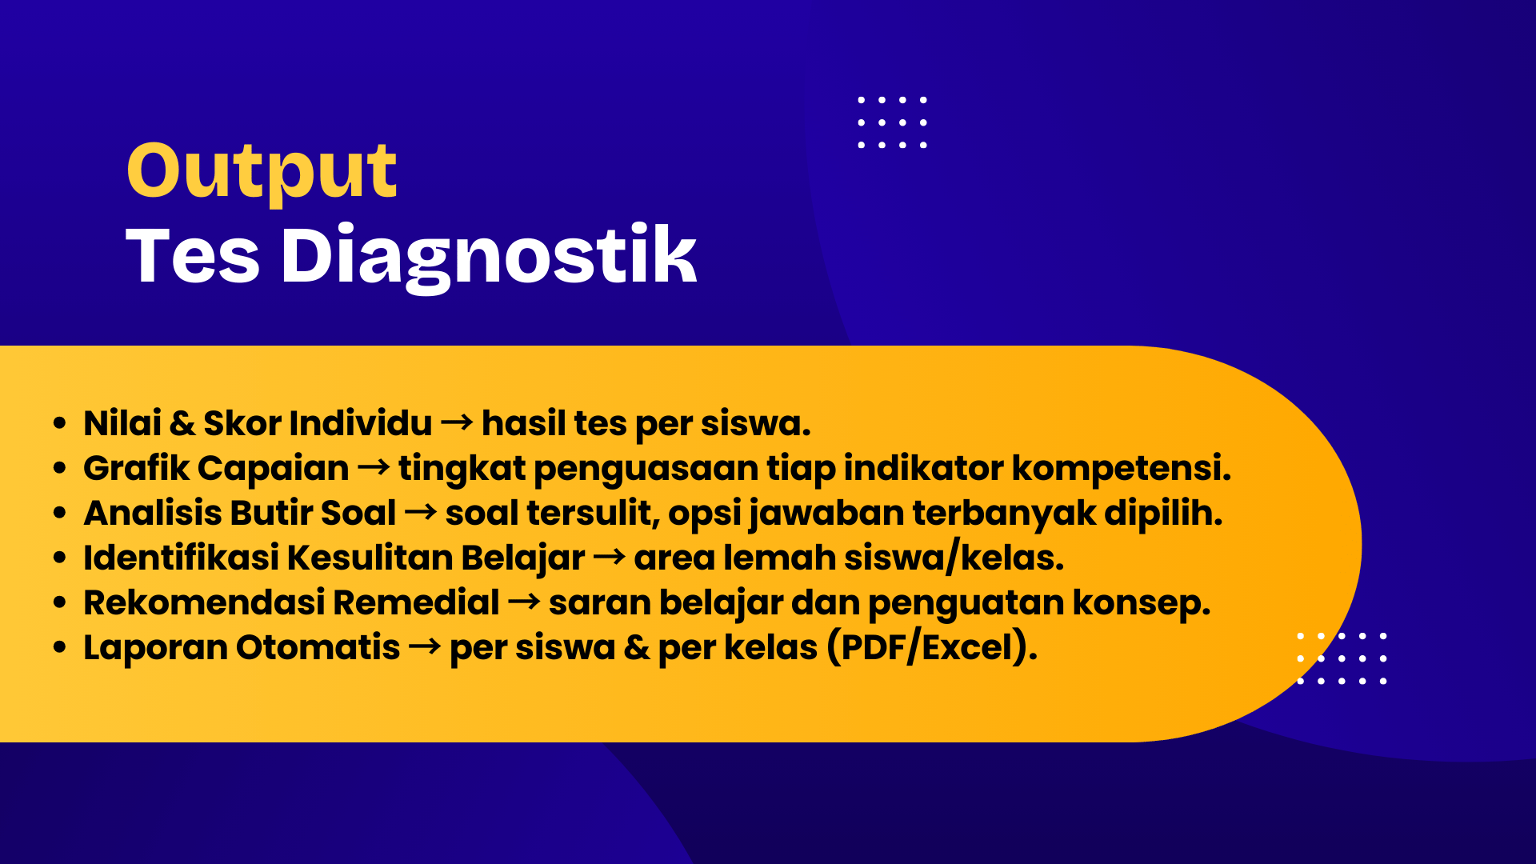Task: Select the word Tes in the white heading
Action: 193,256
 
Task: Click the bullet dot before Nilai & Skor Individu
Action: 59,423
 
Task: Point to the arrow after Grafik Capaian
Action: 374,466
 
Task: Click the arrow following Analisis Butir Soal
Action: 421,511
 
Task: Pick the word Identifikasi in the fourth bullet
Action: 181,557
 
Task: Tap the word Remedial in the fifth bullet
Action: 416,602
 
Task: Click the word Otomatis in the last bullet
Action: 318,646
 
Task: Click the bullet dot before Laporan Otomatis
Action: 59,647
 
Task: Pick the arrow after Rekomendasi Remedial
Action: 524,601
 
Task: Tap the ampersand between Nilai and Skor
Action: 182,423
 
